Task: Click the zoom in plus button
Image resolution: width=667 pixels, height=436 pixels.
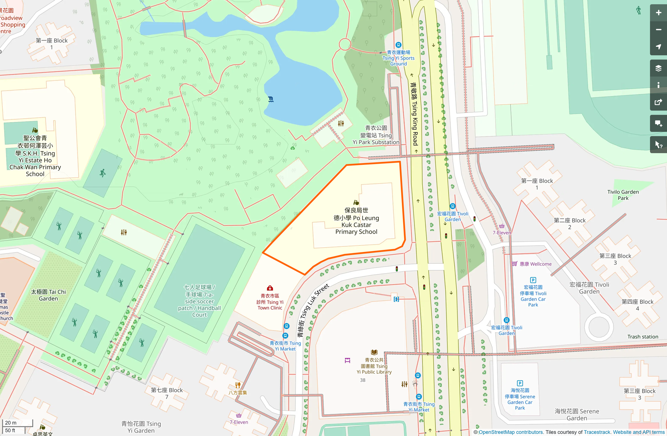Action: tap(658, 13)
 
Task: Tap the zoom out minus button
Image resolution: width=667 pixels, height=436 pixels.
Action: tap(658, 30)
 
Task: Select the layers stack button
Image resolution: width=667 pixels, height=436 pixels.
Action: tap(658, 68)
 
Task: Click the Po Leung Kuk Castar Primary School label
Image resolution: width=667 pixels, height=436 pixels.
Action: tap(356, 221)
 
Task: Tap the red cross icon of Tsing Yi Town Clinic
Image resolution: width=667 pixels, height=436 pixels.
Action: tap(270, 288)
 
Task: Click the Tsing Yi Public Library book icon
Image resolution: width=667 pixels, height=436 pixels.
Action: tap(374, 352)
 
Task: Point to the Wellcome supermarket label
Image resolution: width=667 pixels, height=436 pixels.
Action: tap(535, 264)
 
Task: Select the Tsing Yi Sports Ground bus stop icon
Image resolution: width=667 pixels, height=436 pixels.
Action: tap(398, 45)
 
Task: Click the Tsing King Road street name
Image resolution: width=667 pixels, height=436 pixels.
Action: tap(414, 113)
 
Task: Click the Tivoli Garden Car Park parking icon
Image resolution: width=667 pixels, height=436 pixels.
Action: tap(533, 280)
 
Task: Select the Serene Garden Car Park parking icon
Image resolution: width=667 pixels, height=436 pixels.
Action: tap(520, 383)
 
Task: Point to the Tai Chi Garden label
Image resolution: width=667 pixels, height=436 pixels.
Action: tap(48, 295)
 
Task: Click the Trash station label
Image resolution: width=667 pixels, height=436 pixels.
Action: tap(643, 337)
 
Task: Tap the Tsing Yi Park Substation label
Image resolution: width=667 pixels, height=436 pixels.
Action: tap(376, 135)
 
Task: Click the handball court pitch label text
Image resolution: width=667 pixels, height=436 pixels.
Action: tap(199, 301)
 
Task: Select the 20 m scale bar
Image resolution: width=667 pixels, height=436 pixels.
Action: tap(17, 423)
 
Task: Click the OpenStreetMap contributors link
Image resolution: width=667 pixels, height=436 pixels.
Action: tap(511, 432)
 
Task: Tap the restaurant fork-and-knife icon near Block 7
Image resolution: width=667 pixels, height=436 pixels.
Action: tap(238, 385)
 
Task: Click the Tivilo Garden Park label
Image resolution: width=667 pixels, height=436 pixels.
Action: tap(623, 195)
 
